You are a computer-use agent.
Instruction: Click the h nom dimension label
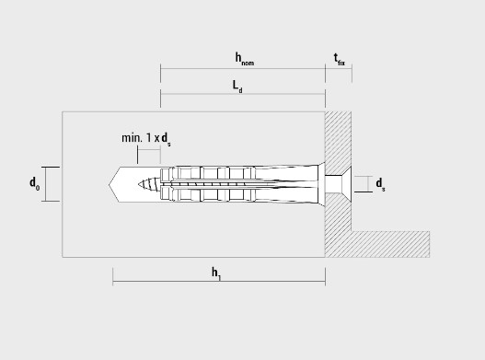pyautogui.click(x=245, y=59)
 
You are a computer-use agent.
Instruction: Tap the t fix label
pyautogui.click(x=339, y=60)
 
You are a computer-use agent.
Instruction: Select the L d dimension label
pyautogui.click(x=237, y=87)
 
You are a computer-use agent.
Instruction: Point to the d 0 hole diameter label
pyautogui.click(x=34, y=184)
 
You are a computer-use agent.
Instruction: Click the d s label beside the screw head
pyautogui.click(x=380, y=184)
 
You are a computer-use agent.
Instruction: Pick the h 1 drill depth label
pyautogui.click(x=216, y=273)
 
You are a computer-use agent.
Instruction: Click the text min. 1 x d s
pyautogui.click(x=146, y=139)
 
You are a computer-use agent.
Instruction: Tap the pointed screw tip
pyautogui.click(x=139, y=184)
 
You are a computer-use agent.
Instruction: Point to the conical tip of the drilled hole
pyautogui.click(x=114, y=184)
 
